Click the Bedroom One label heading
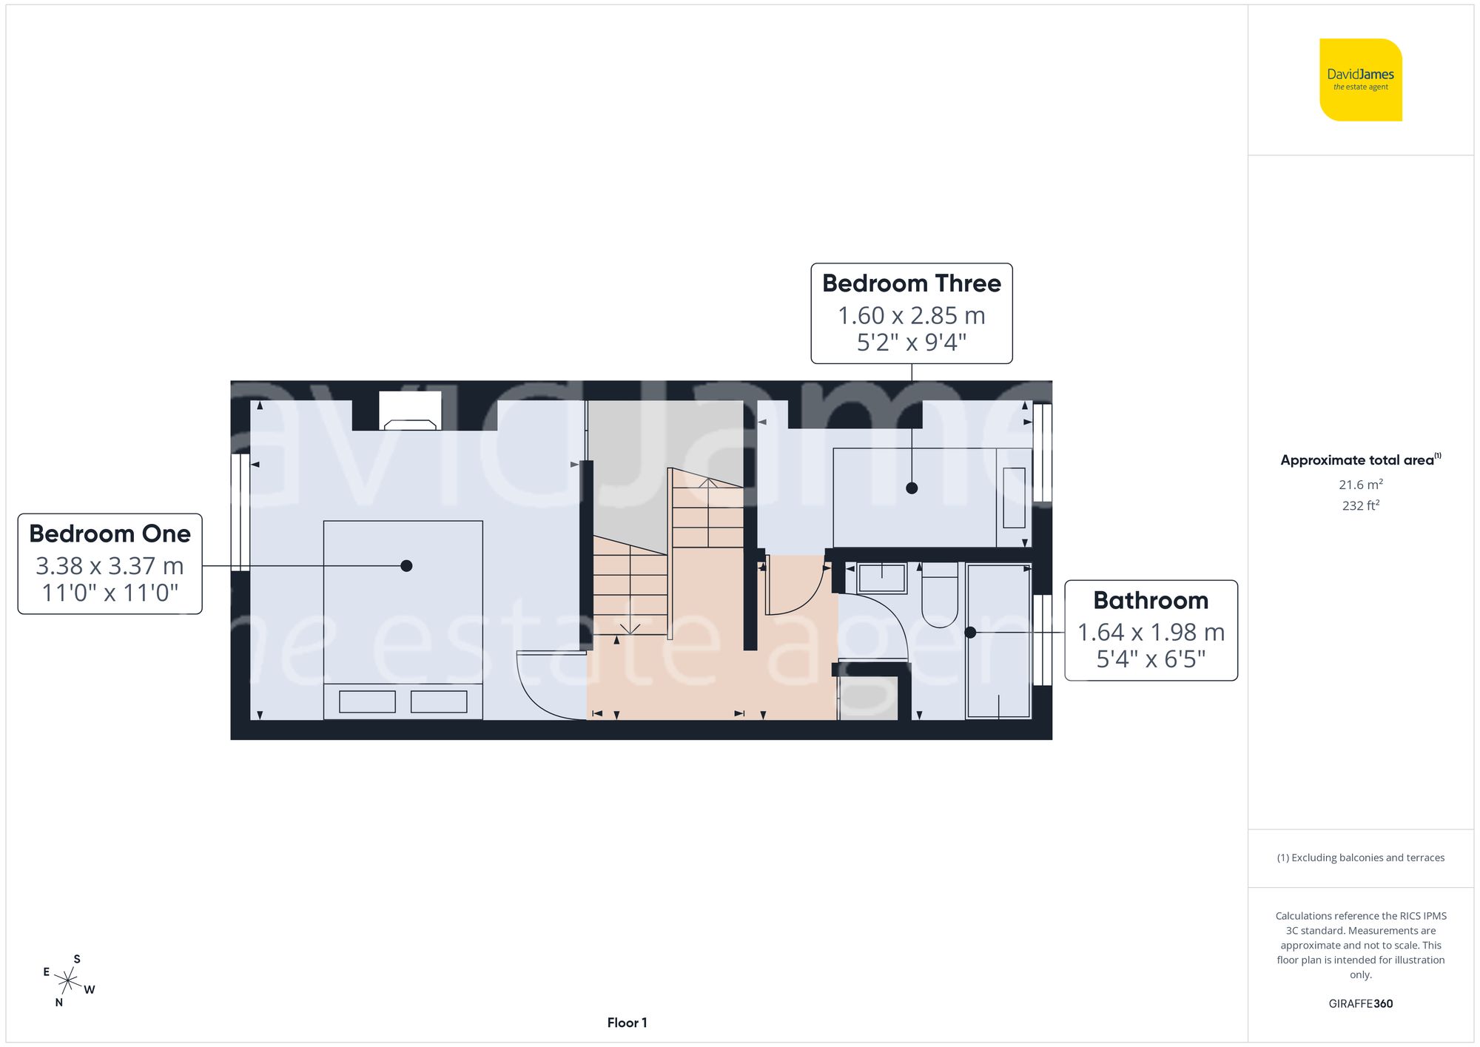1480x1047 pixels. tap(110, 533)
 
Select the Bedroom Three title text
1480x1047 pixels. tap(911, 283)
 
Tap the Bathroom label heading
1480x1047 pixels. tap(1151, 600)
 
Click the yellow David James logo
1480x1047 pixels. tap(1360, 80)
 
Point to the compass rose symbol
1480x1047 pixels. tap(68, 982)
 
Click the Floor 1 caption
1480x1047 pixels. tap(627, 1023)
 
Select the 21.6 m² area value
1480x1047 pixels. tap(1360, 485)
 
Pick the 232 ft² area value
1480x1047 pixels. tap(1360, 505)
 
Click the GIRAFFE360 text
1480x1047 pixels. tap(1360, 1003)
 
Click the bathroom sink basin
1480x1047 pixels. tap(881, 578)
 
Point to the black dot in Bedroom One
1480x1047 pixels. tap(406, 566)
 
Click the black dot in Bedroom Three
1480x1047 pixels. tap(912, 488)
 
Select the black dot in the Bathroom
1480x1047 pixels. tap(970, 633)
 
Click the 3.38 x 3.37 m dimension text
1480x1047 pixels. tap(110, 566)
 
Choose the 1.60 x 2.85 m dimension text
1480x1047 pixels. tap(911, 316)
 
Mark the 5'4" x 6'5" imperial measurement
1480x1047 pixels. tap(1151, 659)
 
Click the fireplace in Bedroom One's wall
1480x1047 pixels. tap(410, 411)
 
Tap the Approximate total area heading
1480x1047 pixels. tap(1360, 460)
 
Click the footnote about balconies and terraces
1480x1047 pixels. tap(1360, 858)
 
